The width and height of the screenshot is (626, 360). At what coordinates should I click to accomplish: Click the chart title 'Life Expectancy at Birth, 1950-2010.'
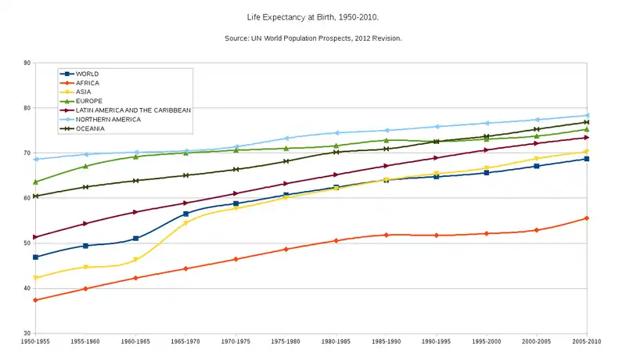coord(313,15)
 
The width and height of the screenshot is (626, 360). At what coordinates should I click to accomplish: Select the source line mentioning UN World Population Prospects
coord(313,38)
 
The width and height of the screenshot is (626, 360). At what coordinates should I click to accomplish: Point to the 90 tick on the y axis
coord(27,63)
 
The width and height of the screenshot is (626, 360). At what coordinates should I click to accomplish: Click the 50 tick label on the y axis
coord(27,243)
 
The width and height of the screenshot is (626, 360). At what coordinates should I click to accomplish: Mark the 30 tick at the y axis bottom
coord(27,333)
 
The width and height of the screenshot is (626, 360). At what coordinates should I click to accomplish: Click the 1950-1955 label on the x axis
coord(36,342)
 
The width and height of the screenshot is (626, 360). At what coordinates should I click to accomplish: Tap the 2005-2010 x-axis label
coord(587,342)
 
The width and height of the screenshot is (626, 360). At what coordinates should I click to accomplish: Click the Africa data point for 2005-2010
coord(587,218)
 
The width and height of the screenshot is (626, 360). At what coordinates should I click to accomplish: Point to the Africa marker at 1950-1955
coord(36,300)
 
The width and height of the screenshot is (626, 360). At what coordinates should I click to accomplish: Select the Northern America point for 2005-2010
coord(587,115)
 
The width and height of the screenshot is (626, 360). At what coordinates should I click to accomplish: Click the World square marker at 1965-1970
coord(186,214)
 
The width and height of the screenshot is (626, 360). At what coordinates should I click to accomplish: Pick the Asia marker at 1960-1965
coord(136,260)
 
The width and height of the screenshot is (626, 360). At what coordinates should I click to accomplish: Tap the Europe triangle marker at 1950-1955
coord(36,182)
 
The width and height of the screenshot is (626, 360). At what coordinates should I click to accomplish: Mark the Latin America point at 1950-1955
coord(36,237)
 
